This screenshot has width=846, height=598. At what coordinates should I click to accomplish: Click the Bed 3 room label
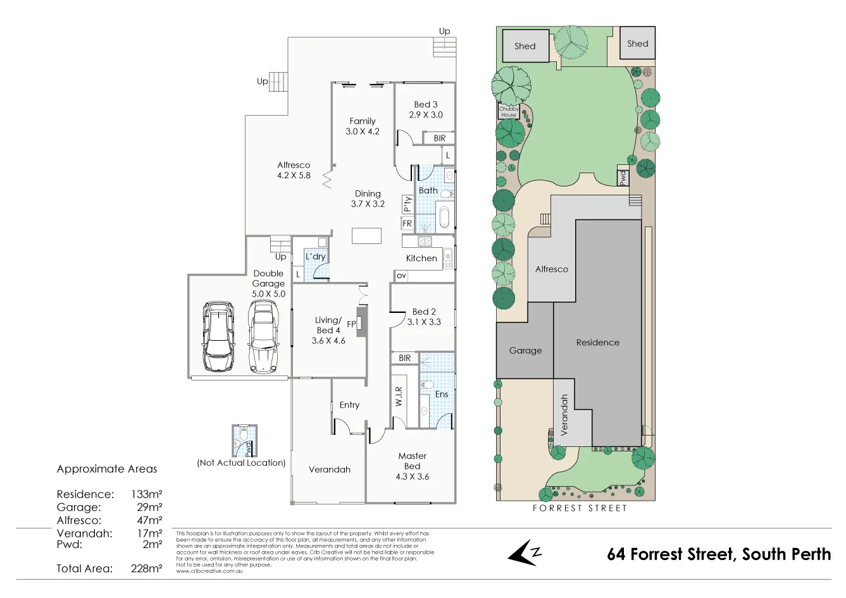click(425, 104)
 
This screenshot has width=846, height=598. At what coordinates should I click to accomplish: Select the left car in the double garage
click(217, 329)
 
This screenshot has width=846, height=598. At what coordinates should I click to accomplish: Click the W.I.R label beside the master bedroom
click(399, 396)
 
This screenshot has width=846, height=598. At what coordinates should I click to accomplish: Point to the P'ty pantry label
click(407, 204)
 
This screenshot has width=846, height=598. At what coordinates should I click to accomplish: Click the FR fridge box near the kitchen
click(407, 223)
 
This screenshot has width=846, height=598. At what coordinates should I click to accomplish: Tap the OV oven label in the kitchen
click(401, 276)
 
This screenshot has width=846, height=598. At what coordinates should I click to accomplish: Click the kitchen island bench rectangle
click(367, 236)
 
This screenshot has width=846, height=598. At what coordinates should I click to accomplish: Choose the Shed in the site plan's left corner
click(525, 46)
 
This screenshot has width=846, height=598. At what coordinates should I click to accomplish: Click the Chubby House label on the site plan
click(509, 112)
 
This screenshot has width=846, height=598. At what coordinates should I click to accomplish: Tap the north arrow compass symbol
click(525, 552)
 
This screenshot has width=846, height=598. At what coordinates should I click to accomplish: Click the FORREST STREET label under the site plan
click(579, 508)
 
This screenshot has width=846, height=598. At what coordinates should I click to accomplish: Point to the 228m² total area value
click(146, 568)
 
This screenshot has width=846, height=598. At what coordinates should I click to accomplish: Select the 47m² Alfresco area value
click(150, 520)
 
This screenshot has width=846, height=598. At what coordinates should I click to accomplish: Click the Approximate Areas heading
click(107, 469)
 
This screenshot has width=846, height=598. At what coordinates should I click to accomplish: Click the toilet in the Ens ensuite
click(427, 384)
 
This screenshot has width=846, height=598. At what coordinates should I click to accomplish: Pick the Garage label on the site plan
click(525, 350)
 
